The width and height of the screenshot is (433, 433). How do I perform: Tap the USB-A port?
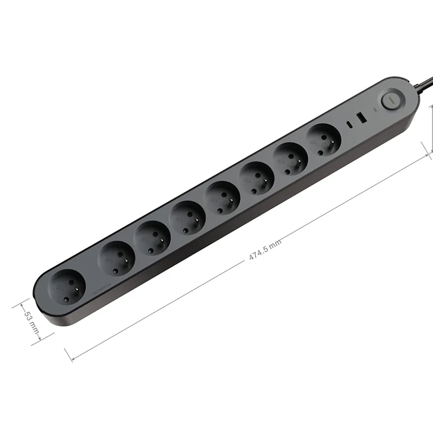point(361,118)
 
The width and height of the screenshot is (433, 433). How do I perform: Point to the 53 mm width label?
point(31,323)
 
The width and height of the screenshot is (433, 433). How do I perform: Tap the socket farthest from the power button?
point(67,288)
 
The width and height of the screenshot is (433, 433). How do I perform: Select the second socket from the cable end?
point(291,160)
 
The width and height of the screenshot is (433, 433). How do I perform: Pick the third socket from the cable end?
point(257,179)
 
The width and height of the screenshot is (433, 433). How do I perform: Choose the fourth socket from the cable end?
point(222,198)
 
